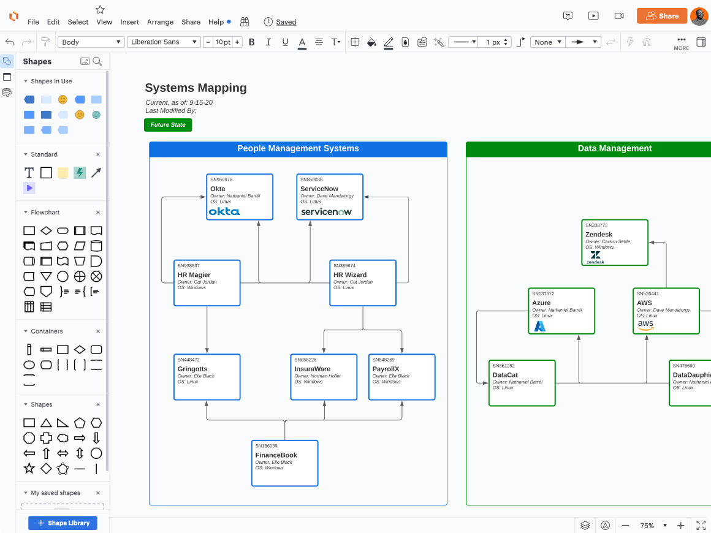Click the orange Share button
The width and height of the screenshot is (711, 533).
661,16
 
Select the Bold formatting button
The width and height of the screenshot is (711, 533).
268,42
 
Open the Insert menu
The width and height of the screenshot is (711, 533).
129,22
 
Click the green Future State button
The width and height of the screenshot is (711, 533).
168,125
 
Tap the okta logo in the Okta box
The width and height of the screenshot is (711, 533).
224,211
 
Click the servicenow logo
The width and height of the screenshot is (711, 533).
325,212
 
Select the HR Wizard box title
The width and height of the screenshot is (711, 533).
350,275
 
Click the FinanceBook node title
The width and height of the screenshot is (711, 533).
276,455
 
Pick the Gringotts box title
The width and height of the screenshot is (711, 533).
192,369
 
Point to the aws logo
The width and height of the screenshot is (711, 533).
645,325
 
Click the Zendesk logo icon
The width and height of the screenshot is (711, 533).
595,256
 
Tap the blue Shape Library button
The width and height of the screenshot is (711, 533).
63,523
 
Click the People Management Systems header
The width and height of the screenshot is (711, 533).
298,149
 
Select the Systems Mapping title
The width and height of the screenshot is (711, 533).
196,88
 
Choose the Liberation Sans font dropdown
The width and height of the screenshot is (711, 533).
164,42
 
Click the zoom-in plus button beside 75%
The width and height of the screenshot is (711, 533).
680,526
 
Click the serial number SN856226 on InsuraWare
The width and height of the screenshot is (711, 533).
305,360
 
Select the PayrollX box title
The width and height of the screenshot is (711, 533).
386,369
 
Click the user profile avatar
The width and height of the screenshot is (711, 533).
699,17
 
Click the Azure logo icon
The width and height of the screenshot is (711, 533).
539,326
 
